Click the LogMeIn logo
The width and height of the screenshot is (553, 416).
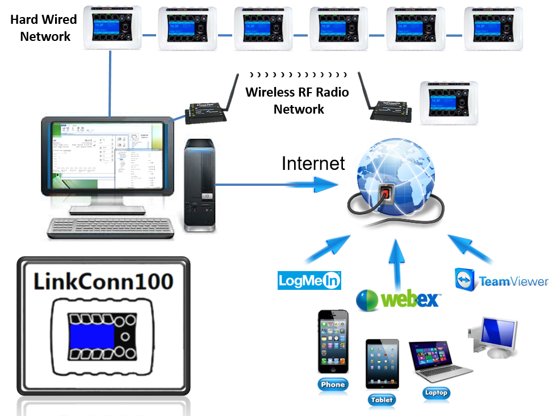pyautogui.click(x=308, y=280)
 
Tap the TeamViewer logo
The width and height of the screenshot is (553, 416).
pyautogui.click(x=501, y=280)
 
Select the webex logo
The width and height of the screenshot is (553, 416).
pyautogui.click(x=397, y=299)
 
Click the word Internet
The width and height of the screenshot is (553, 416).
pyautogui.click(x=313, y=164)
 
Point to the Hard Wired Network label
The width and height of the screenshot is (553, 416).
pyautogui.click(x=44, y=28)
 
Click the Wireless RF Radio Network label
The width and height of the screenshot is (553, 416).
pyautogui.click(x=298, y=101)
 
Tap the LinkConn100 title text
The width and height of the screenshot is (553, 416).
pyautogui.click(x=102, y=281)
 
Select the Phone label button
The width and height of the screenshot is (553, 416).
pyautogui.click(x=333, y=384)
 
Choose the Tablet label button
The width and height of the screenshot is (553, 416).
pyautogui.click(x=382, y=400)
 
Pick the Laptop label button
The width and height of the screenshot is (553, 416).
pyautogui.click(x=436, y=392)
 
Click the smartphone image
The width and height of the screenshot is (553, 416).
pyautogui.click(x=333, y=342)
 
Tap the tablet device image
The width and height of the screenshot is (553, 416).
pyautogui.click(x=382, y=364)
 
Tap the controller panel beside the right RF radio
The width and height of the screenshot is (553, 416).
pyautogui.click(x=451, y=102)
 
